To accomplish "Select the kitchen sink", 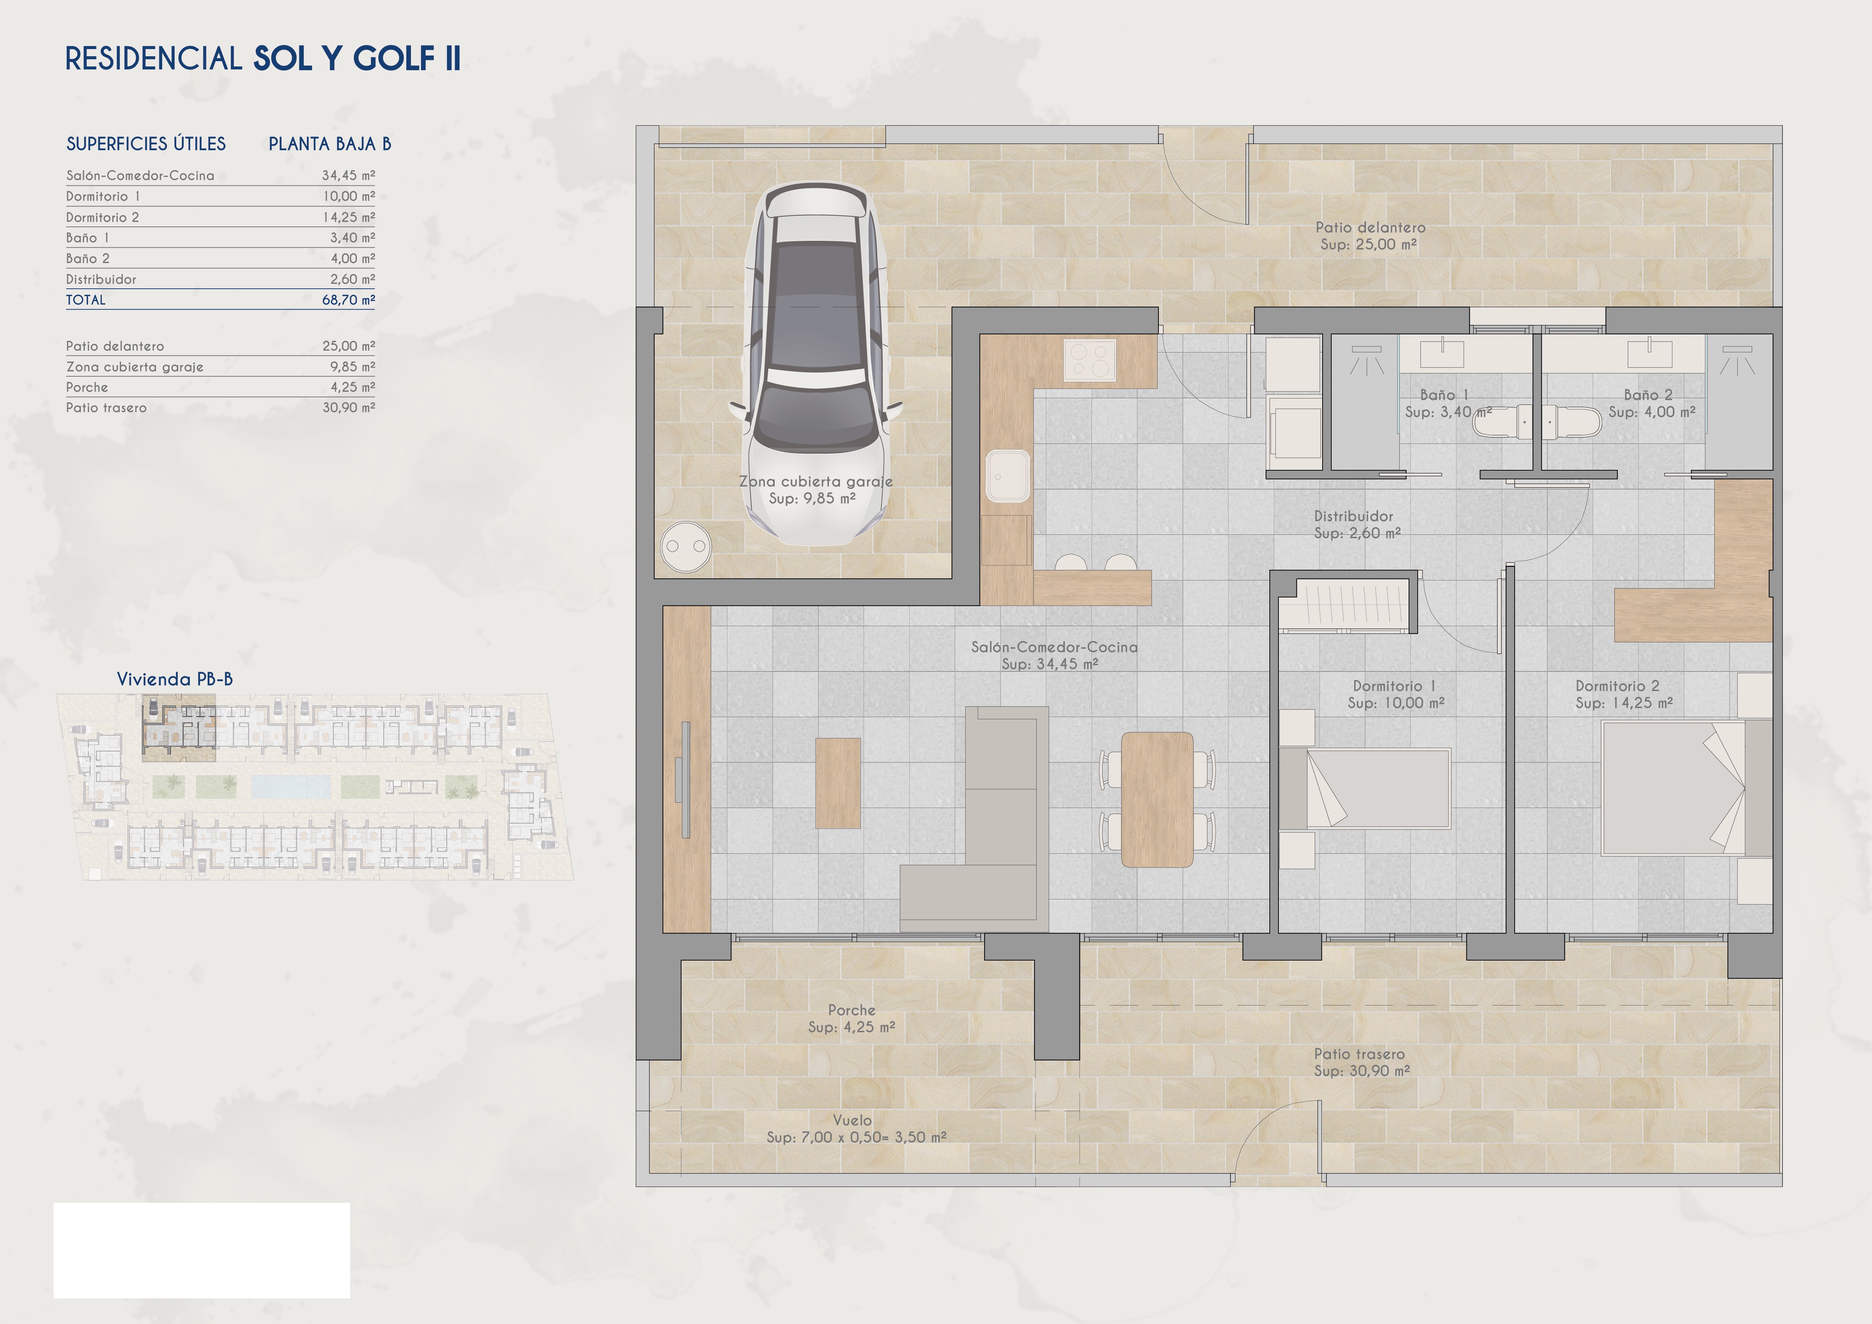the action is coord(1008,475).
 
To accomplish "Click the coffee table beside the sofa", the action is coord(838,784).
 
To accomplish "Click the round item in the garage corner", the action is coord(686,546).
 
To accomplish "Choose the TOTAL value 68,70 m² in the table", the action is coord(348,300).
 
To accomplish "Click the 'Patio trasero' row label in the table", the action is coord(107,408).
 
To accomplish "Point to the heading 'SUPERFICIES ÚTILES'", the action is coord(146,144).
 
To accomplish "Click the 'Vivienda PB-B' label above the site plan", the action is coord(174,679).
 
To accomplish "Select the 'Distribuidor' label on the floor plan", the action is coord(1354,516).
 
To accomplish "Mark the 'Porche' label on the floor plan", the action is coord(851,1010).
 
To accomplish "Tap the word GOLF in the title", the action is coord(394,59).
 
